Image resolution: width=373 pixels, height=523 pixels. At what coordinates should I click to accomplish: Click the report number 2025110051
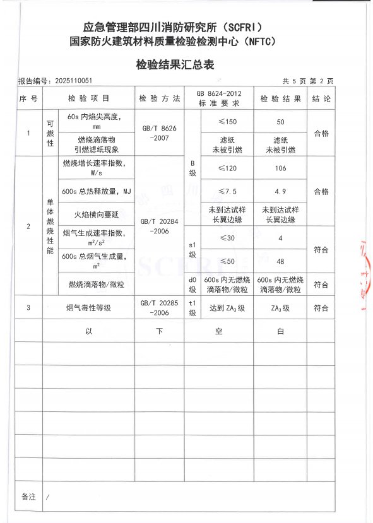[x=56, y=81]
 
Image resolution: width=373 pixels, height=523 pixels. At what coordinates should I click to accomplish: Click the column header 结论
[x=321, y=99]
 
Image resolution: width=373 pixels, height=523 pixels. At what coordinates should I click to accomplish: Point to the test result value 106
[x=281, y=168]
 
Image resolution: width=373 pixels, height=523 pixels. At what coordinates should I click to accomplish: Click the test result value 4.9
[x=281, y=191]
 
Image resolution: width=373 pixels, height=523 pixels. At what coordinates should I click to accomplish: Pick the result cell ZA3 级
[x=280, y=308]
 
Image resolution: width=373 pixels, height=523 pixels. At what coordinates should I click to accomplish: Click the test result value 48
[x=281, y=261]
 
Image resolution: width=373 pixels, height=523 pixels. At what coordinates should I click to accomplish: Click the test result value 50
[x=281, y=121]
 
